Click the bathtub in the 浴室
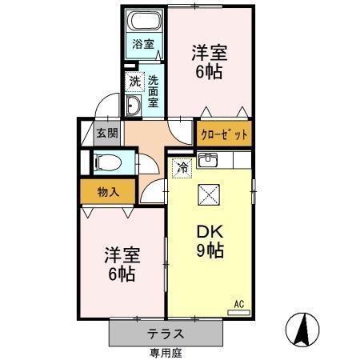coord(144,22)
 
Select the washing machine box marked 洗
coord(134,82)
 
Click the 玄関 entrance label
coord(105,132)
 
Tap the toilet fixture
coord(106,163)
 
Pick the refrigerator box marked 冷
coord(182,168)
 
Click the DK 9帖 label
coord(210,240)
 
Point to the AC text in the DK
coord(238,302)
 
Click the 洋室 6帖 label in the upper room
coord(210,62)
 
